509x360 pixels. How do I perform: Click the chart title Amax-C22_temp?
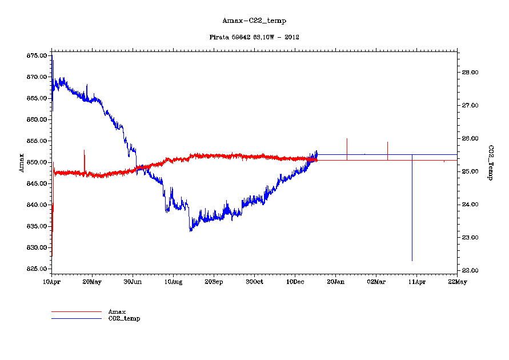254,21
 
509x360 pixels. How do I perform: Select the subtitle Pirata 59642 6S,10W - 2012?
254,37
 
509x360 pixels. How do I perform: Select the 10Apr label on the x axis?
52,282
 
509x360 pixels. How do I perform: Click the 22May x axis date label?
457,282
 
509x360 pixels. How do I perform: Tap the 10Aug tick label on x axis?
173,282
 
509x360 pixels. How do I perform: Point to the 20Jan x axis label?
335,282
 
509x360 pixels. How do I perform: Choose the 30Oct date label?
254,282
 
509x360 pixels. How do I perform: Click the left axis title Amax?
22,162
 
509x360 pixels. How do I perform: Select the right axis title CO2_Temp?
490,163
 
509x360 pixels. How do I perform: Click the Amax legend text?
117,311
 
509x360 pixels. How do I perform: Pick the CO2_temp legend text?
124,318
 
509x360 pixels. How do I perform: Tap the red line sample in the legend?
76,311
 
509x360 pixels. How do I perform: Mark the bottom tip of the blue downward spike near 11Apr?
412,261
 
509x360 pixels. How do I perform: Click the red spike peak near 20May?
84,150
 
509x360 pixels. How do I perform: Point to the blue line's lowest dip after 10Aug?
191,230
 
